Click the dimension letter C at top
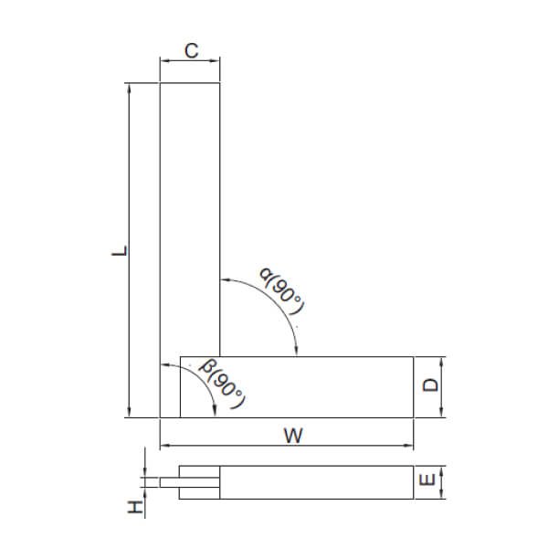(190, 51)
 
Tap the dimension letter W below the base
(290, 436)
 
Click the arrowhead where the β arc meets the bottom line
(213, 412)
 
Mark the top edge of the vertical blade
(190, 83)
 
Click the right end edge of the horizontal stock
(414, 386)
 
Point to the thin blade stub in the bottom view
(169, 482)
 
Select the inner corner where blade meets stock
(221, 356)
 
